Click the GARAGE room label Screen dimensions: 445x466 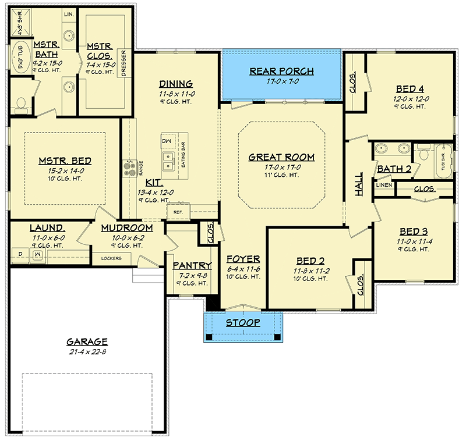pyautogui.click(x=87, y=342)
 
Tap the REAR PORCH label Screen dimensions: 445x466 pyautogui.click(x=281, y=72)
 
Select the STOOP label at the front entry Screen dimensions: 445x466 pyautogui.click(x=243, y=322)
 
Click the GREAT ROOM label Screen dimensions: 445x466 pyautogui.click(x=281, y=157)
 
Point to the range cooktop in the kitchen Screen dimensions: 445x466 pyautogui.click(x=128, y=168)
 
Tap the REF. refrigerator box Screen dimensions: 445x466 pyautogui.click(x=178, y=212)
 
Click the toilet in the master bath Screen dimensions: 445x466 pyautogui.click(x=21, y=104)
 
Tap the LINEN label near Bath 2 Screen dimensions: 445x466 pyautogui.click(x=383, y=185)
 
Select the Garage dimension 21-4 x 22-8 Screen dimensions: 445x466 pyautogui.click(x=87, y=352)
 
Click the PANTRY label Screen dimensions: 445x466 pyautogui.click(x=192, y=265)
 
